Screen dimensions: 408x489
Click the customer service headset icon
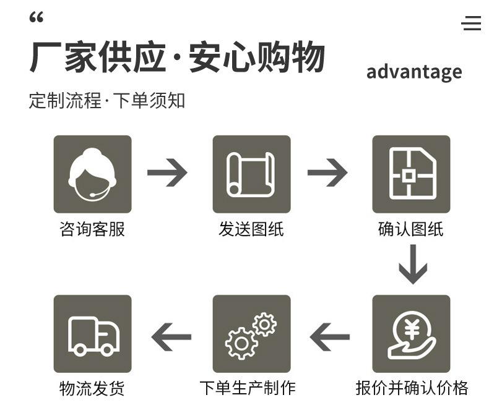coord(92,174)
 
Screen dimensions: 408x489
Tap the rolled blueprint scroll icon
coord(251,174)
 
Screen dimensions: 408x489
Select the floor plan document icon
coord(411,174)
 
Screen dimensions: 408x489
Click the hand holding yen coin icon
coord(411,334)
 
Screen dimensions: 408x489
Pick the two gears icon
coord(251,334)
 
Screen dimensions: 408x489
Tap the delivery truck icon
coord(92,334)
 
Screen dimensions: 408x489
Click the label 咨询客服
coord(92,229)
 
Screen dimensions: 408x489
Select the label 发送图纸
coord(251,229)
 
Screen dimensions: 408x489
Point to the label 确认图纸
coord(411,229)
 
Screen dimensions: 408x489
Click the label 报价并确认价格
coord(412,388)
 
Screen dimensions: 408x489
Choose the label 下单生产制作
coord(248,388)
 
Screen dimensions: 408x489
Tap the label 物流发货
coord(92,388)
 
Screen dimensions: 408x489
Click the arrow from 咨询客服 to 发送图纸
coord(167,173)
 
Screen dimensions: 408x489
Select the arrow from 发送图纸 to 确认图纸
coord(327,173)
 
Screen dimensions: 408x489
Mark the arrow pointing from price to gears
coord(330,338)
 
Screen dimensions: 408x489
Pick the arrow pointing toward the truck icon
coord(171,338)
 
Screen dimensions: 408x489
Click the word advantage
coord(414,72)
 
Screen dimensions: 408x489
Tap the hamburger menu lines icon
coord(471,23)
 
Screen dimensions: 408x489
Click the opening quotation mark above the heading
coord(37,18)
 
